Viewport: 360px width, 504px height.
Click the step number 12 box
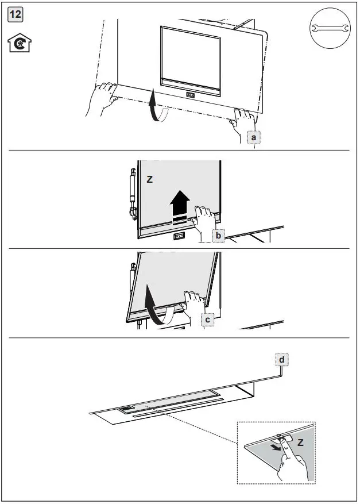click(16, 14)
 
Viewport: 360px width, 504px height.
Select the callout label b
click(219, 235)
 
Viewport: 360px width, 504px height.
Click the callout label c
click(208, 320)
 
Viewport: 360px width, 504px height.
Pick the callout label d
click(281, 360)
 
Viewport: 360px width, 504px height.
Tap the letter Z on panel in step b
click(149, 180)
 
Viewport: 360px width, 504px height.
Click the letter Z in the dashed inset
click(300, 444)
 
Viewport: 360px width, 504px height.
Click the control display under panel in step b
click(179, 236)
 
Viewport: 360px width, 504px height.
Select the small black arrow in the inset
click(278, 446)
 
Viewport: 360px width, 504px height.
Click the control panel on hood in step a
click(190, 95)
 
